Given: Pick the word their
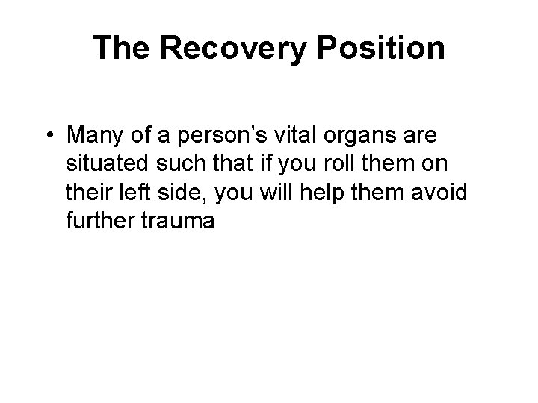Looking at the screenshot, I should coord(89,192).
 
